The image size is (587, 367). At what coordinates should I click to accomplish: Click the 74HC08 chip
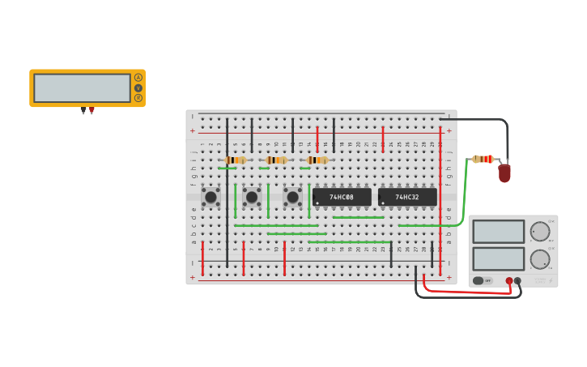point(342,197)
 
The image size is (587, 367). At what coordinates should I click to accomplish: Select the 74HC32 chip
point(407,197)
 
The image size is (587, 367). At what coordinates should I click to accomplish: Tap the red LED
point(504,173)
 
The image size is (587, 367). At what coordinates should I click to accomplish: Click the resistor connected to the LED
point(483,159)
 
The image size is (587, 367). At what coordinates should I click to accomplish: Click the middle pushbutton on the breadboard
point(252,196)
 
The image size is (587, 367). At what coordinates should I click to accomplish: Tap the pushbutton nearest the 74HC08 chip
point(292,196)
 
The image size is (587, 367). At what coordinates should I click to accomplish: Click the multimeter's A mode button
point(138,78)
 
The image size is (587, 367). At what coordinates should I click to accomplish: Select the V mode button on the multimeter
point(138,87)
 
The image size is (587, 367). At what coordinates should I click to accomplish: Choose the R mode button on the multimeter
point(138,97)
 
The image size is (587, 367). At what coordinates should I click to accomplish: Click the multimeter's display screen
point(82,87)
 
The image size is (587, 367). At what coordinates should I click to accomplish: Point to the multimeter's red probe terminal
point(91,110)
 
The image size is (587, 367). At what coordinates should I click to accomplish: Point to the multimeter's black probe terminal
point(83,110)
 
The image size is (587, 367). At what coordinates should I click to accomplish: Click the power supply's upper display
point(498,231)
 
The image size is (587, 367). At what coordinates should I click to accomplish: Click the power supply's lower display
point(498,258)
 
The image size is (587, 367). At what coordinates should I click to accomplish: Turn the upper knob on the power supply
point(540,232)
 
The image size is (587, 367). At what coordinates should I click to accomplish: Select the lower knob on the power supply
point(540,259)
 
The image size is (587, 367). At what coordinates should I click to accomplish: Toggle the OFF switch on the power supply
point(478,280)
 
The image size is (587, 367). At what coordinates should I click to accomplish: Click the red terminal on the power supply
point(509,281)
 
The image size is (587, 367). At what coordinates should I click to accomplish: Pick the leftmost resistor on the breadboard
point(236,160)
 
